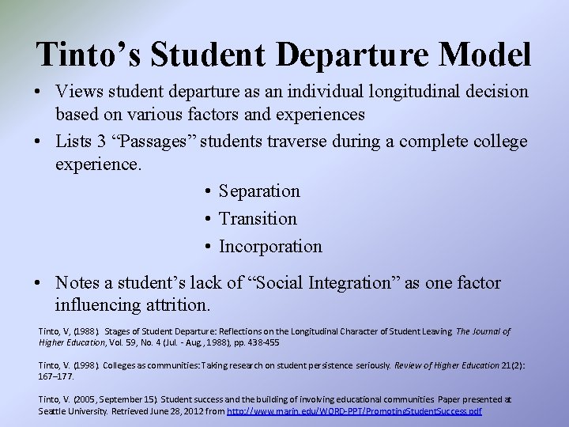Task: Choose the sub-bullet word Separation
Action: pyautogui.click(x=259, y=191)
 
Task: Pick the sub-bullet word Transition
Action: pyautogui.click(x=258, y=219)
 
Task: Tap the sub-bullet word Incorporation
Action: pyautogui.click(x=270, y=247)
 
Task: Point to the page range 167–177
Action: pyautogui.click(x=56, y=376)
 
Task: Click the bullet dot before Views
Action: pyautogui.click(x=39, y=93)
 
